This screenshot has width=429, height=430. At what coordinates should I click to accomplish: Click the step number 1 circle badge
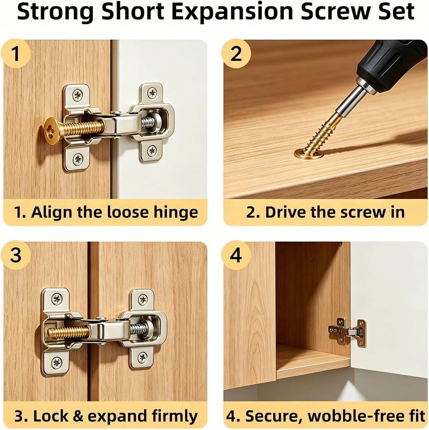pyautogui.click(x=15, y=53)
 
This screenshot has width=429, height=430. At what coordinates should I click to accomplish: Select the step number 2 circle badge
pyautogui.click(x=236, y=53)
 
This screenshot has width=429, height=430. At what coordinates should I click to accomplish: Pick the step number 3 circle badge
pyautogui.click(x=15, y=255)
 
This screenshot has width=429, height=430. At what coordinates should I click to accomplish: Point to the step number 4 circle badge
pyautogui.click(x=236, y=255)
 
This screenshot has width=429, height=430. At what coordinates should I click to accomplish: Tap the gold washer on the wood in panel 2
pyautogui.click(x=309, y=154)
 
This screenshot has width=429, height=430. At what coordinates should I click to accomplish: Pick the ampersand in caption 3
pyautogui.click(x=78, y=416)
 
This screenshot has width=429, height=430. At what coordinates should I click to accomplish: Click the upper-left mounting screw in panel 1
pyautogui.click(x=78, y=95)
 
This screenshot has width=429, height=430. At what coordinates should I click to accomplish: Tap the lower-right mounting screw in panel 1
pyautogui.click(x=152, y=150)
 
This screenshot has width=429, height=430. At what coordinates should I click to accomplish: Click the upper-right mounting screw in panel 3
pyautogui.click(x=143, y=299)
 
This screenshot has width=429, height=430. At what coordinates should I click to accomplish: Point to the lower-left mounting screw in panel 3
pyautogui.click(x=57, y=362)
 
